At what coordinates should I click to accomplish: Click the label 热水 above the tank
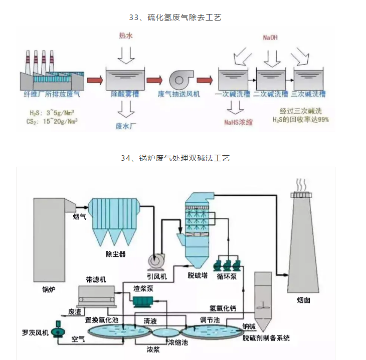pos(126,36)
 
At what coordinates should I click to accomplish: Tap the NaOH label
pos(270,38)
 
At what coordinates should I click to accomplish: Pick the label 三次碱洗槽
pos(308,94)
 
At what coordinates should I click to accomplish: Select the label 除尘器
pos(115,254)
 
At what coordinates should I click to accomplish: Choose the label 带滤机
pos(96,279)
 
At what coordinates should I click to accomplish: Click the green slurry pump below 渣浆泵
pos(143,300)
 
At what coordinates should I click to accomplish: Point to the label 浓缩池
pos(177,343)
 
